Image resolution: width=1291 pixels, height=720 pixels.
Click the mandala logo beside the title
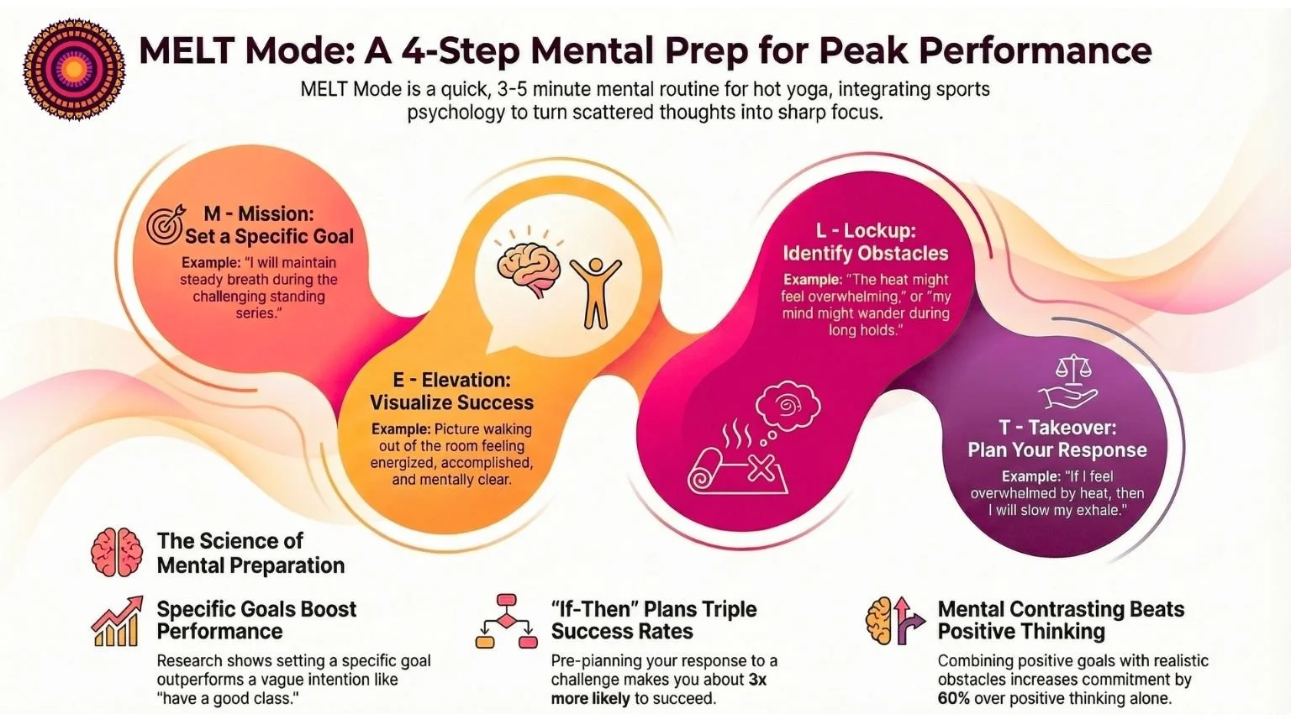coord(67,71)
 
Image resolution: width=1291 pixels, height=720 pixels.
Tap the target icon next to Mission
coord(164,224)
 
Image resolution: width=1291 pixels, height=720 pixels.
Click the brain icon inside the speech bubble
coord(527,269)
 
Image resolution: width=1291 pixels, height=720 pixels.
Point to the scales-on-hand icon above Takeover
coord(1067,381)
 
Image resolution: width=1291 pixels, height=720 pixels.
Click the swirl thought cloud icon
coord(788,408)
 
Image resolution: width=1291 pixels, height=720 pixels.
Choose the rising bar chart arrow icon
coord(116,621)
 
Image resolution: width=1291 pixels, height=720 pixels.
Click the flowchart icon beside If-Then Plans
coord(506,622)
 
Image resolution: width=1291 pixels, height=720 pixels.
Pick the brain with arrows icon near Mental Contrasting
coord(895,621)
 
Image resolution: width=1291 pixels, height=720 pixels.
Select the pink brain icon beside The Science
coord(117,552)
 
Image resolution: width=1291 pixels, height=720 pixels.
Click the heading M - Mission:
coord(258,213)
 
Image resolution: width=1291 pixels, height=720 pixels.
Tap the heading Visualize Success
coord(451,402)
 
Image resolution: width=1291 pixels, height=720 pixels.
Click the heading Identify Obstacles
coord(865,253)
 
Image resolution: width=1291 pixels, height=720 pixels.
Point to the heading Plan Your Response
coord(1057,449)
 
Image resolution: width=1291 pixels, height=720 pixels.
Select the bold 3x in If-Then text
coord(757,679)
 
